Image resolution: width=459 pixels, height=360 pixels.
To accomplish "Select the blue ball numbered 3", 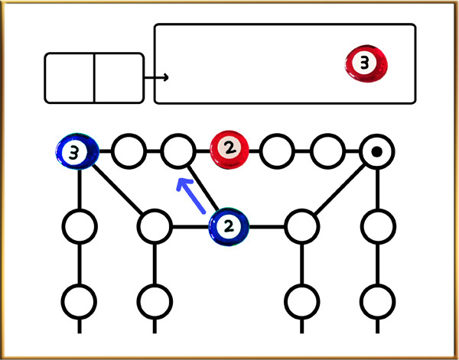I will [x=77, y=152].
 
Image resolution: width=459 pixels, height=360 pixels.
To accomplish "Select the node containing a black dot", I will [x=376, y=152].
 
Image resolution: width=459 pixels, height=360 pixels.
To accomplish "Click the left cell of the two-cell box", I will [x=70, y=77].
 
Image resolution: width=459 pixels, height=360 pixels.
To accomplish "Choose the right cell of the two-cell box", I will [x=119, y=77].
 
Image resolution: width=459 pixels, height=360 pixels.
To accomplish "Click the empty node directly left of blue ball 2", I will [x=154, y=226].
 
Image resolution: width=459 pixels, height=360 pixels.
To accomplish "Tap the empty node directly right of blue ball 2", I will [x=301, y=226].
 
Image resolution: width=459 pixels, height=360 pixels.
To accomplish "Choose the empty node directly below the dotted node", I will [x=376, y=226].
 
